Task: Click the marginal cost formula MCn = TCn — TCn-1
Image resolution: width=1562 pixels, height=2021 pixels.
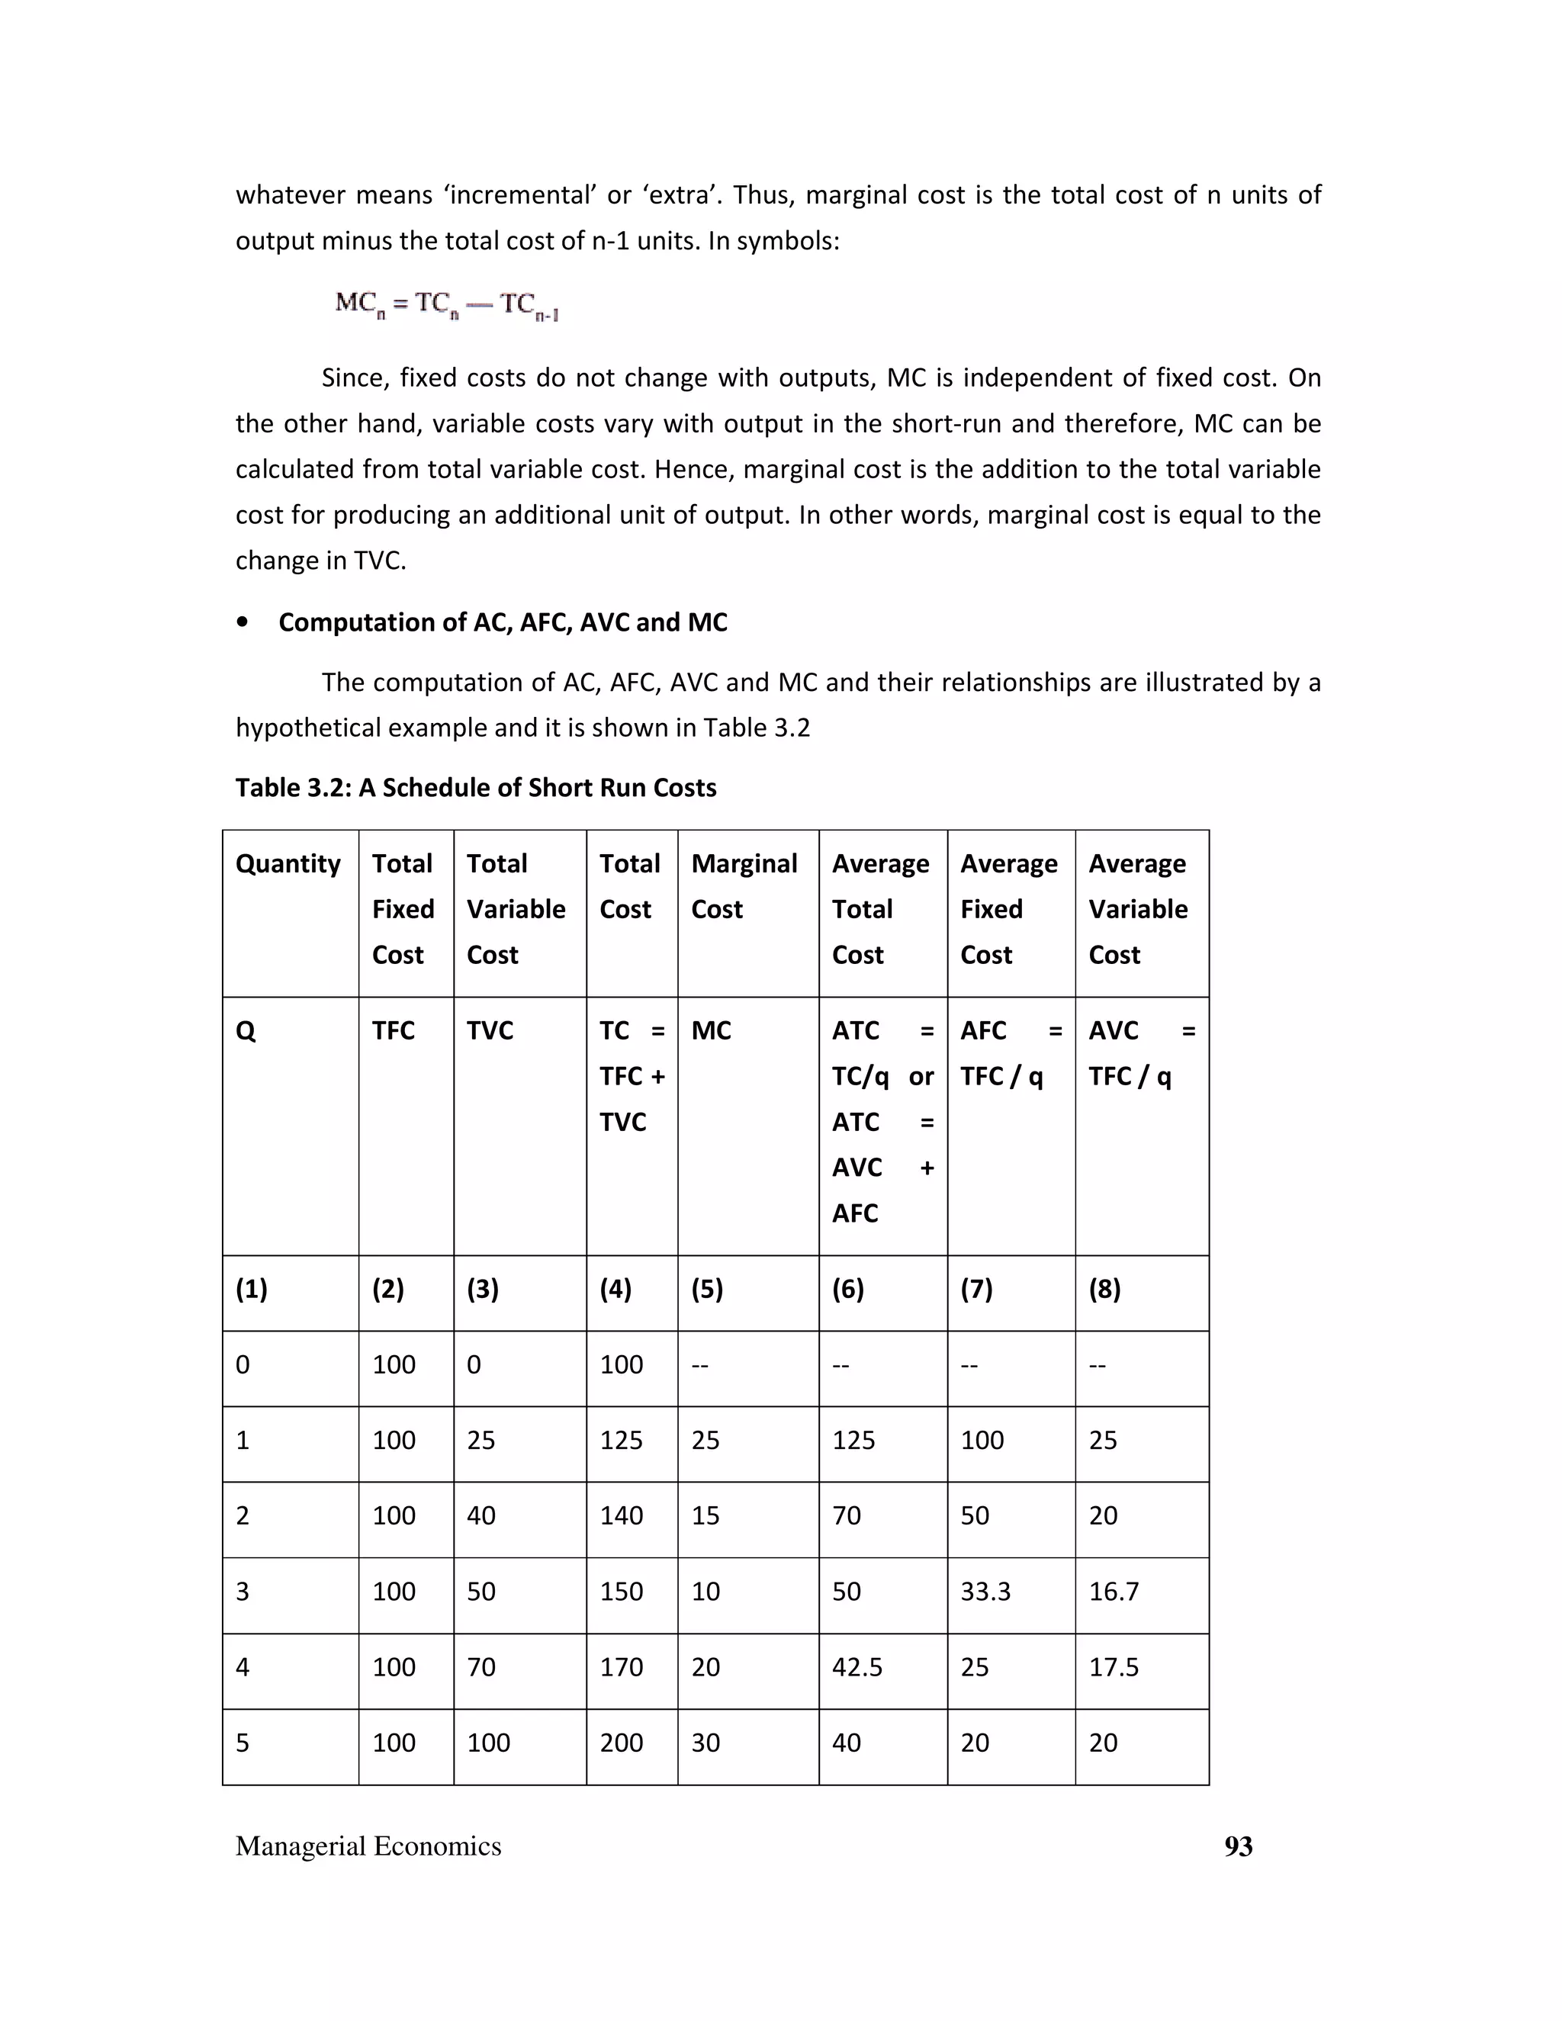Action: [447, 304]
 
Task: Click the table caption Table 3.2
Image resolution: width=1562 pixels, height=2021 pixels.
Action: [476, 788]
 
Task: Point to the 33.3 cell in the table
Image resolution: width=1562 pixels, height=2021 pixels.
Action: [985, 1592]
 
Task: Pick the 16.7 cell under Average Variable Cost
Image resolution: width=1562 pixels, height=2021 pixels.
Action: [1114, 1592]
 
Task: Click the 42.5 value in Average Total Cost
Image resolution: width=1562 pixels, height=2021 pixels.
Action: [857, 1667]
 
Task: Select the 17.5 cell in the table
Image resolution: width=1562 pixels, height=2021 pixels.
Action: [1114, 1667]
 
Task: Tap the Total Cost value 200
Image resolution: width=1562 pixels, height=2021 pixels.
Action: [621, 1743]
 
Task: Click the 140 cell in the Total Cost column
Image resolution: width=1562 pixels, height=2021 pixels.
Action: [621, 1516]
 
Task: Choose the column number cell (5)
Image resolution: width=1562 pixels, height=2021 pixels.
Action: [707, 1289]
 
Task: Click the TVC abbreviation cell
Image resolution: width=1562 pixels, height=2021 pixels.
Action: [490, 1031]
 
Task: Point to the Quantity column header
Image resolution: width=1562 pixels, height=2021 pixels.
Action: [288, 863]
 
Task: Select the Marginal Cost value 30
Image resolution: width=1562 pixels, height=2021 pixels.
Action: [705, 1743]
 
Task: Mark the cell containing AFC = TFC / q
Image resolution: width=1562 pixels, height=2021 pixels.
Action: [1011, 1054]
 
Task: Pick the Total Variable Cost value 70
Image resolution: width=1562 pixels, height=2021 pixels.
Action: [481, 1667]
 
